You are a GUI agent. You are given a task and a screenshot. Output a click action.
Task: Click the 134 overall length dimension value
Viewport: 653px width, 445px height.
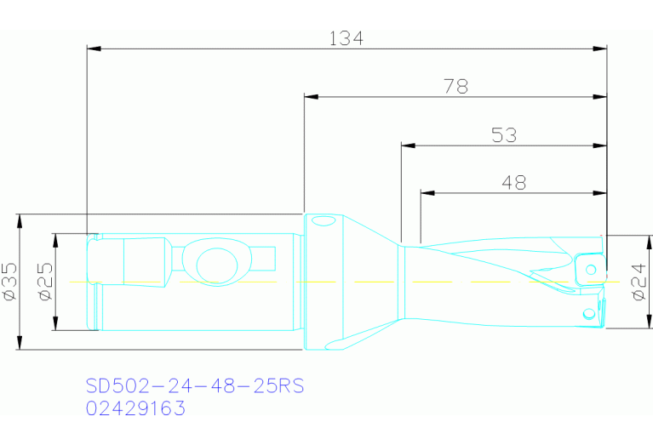[346, 38]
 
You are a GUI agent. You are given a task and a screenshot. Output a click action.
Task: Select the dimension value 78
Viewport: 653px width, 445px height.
[455, 86]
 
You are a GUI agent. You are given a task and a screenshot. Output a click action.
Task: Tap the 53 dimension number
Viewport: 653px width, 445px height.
[504, 134]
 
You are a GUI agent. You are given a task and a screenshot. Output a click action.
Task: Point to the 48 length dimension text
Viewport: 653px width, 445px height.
[513, 182]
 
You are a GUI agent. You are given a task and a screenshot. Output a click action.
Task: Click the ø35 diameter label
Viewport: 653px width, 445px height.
[10, 281]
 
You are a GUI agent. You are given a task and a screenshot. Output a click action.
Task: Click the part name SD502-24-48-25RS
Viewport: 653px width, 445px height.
[194, 386]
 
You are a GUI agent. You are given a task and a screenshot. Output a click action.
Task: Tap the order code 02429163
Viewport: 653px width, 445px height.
[135, 408]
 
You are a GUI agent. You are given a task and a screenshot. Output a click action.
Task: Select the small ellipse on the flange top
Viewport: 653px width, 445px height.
[323, 222]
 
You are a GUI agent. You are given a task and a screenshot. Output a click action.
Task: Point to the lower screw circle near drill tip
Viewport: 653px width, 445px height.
[587, 315]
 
